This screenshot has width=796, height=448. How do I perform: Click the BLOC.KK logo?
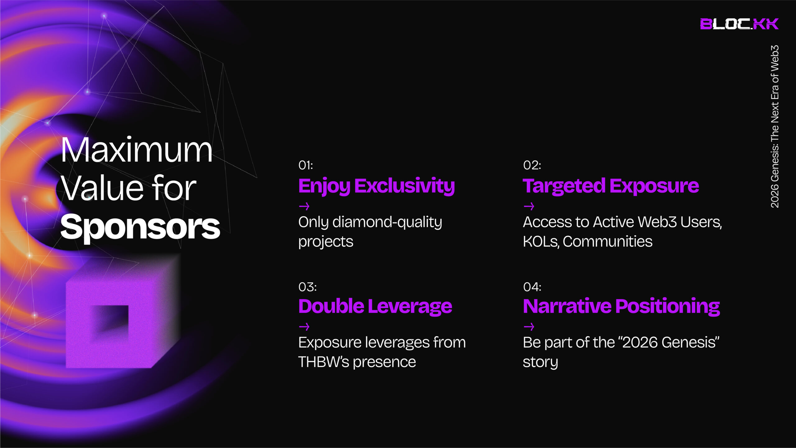pyautogui.click(x=739, y=24)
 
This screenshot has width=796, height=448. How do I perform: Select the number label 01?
pyautogui.click(x=306, y=165)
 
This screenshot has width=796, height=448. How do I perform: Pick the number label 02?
pyautogui.click(x=532, y=165)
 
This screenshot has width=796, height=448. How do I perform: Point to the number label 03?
pyautogui.click(x=308, y=287)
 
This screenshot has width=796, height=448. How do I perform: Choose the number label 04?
pyautogui.click(x=532, y=287)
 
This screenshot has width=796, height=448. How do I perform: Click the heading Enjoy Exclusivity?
pyautogui.click(x=377, y=186)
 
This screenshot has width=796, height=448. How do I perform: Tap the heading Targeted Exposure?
pyautogui.click(x=611, y=186)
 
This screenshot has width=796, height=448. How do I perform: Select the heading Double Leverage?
pyautogui.click(x=375, y=306)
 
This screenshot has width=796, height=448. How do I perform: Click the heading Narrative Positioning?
pyautogui.click(x=621, y=307)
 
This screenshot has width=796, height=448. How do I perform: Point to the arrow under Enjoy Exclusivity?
pyautogui.click(x=304, y=206)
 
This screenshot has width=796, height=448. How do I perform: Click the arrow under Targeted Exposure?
pyautogui.click(x=529, y=206)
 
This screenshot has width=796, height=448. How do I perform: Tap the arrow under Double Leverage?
pyautogui.click(x=304, y=327)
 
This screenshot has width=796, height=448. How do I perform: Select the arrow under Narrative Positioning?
pyautogui.click(x=529, y=327)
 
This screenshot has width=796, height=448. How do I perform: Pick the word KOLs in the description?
pyautogui.click(x=541, y=242)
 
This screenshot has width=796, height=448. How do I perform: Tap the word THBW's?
pyautogui.click(x=323, y=362)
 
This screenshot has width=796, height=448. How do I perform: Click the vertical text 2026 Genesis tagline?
pyautogui.click(x=775, y=127)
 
